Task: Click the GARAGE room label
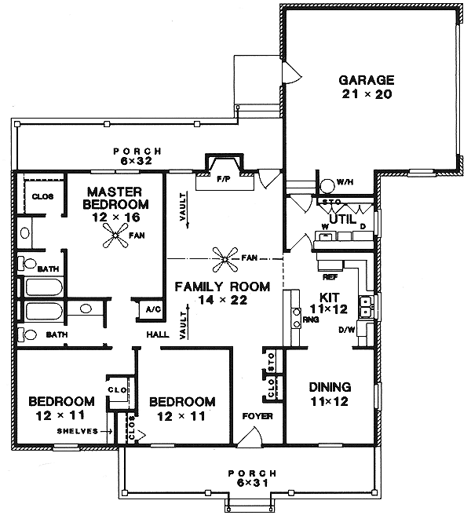tap(365, 80)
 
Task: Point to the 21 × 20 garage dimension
tap(365, 94)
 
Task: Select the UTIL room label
tap(343, 219)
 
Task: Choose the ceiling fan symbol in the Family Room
tap(226, 257)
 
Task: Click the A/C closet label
tap(150, 310)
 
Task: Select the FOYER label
tap(257, 415)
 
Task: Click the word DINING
tap(330, 387)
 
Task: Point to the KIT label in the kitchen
tap(328, 297)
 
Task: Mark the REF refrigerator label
tap(330, 276)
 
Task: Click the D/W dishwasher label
tap(347, 330)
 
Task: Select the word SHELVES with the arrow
tap(78, 431)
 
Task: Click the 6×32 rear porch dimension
tap(137, 161)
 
